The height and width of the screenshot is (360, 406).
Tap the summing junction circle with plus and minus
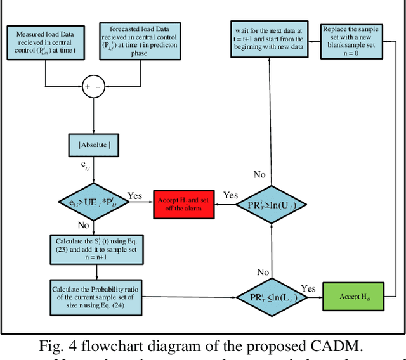pyautogui.click(x=94, y=87)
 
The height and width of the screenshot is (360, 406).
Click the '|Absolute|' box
pyautogui.click(x=94, y=145)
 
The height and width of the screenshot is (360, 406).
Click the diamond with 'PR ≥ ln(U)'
pyautogui.click(x=271, y=204)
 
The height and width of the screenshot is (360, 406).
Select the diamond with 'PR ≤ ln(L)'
pyautogui.click(x=271, y=297)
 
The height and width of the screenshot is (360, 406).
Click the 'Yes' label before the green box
pyautogui.click(x=308, y=288)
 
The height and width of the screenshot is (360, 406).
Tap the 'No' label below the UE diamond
pyautogui.click(x=82, y=225)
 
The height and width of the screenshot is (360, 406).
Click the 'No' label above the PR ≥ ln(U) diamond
pyautogui.click(x=259, y=174)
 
